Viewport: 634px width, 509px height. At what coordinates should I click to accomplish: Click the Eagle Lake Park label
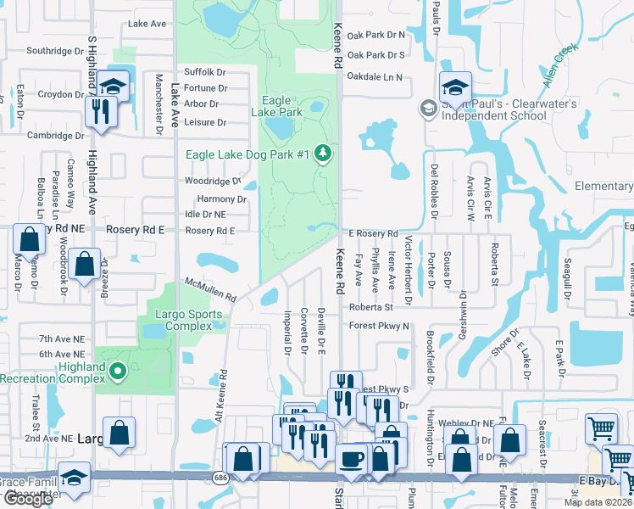tap(276, 106)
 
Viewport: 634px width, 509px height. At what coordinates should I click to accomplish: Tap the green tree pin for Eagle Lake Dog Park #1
tap(322, 154)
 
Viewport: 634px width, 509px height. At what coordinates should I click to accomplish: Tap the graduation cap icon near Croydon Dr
tap(112, 86)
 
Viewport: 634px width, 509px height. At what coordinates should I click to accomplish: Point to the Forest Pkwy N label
tap(379, 326)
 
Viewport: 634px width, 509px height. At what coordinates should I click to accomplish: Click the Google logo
tap(28, 500)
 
